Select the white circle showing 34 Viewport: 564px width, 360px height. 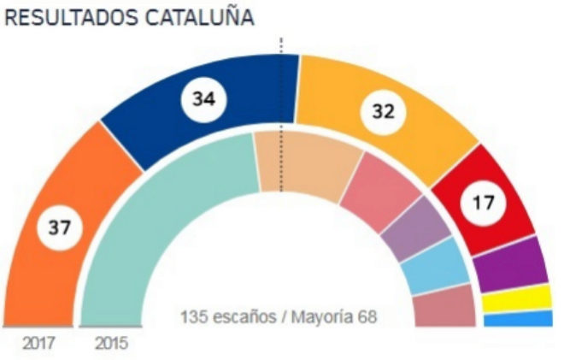[x=204, y=99]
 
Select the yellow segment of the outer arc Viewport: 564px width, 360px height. [x=516, y=298]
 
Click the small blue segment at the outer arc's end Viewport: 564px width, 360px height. [x=518, y=319]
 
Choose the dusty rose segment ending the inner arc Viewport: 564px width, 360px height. [x=444, y=306]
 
